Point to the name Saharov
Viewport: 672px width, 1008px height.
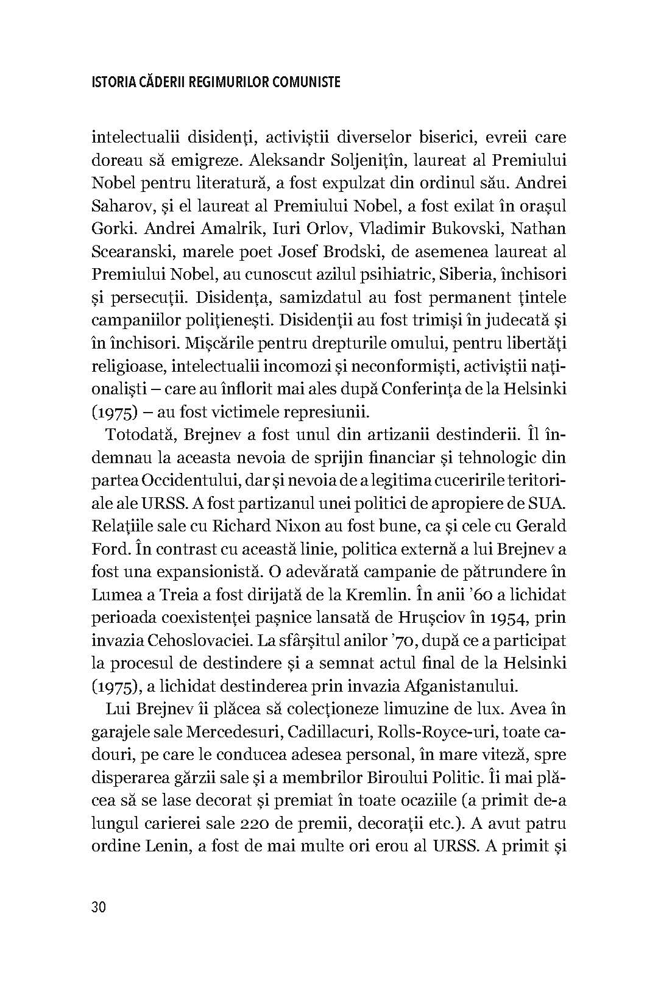(120, 206)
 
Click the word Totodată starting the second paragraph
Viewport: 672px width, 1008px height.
(139, 435)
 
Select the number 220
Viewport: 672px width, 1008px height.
(282, 823)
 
